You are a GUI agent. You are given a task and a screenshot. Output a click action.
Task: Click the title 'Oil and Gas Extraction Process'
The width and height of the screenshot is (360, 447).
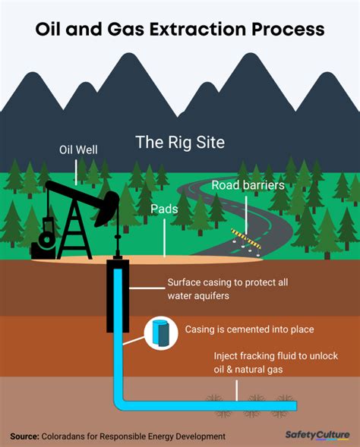pyautogui.click(x=180, y=29)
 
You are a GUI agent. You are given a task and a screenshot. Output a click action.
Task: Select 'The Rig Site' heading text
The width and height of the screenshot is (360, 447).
pyautogui.click(x=180, y=142)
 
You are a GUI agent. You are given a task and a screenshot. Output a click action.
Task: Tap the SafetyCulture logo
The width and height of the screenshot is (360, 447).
pyautogui.click(x=316, y=436)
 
